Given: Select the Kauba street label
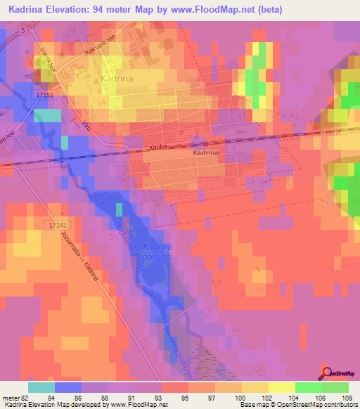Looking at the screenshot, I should pyautogui.click(x=160, y=148).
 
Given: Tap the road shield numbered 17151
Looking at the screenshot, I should pyautogui.click(x=44, y=91).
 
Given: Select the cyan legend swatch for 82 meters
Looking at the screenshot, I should pyautogui.click(x=41, y=387).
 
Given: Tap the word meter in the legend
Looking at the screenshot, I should pyautogui.click(x=11, y=398).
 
